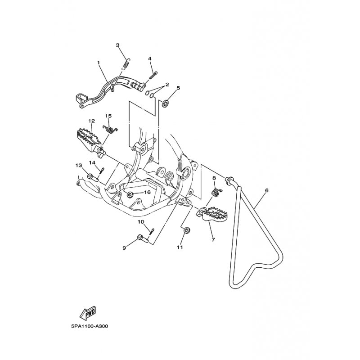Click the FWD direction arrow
(87, 313)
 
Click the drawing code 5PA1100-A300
(90, 326)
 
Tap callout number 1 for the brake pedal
(98, 62)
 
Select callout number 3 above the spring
(118, 45)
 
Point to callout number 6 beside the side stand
(266, 190)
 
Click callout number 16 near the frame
(147, 192)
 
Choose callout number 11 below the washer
(180, 247)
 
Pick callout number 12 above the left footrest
(91, 121)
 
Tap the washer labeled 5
(165, 103)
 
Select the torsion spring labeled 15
(110, 129)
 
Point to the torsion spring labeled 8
(216, 192)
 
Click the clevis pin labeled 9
(143, 238)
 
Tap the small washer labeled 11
(186, 230)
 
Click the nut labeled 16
(130, 195)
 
